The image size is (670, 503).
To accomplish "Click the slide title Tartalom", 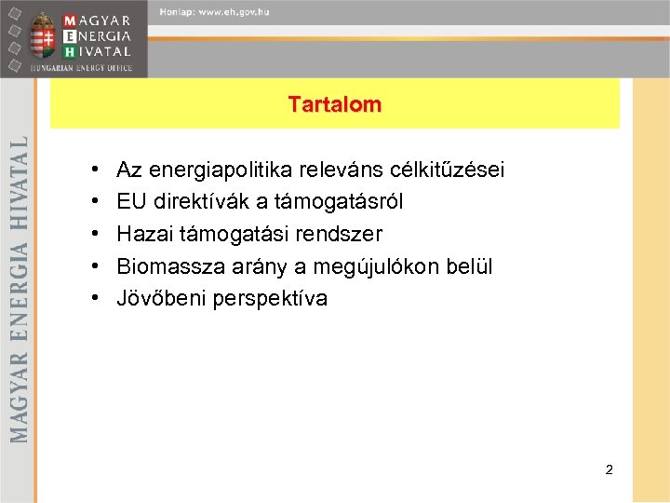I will tap(334, 104).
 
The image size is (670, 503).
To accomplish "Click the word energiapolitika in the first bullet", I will tap(217, 170).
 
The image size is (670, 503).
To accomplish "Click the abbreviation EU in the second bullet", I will tap(131, 202).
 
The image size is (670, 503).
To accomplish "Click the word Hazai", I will tap(143, 235).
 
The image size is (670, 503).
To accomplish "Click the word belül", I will tap(471, 267).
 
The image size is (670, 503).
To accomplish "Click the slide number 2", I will tap(609, 469).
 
